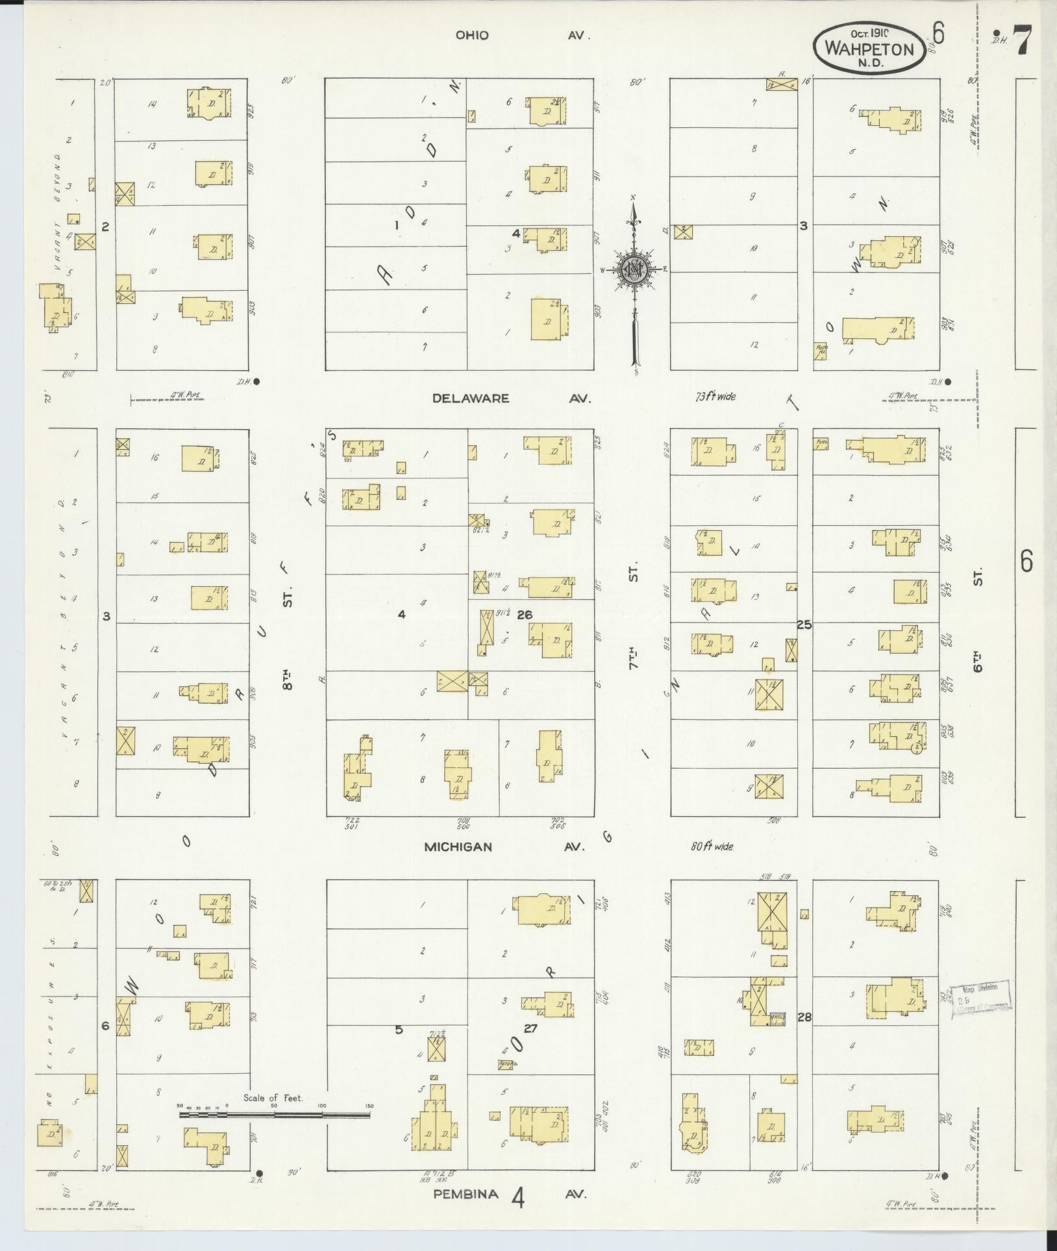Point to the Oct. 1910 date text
(870, 32)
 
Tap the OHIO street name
(472, 36)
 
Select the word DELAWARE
(471, 399)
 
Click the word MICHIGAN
(458, 847)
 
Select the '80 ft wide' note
(712, 847)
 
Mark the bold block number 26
(525, 615)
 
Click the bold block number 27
(530, 1046)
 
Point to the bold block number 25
(804, 625)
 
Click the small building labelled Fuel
(821, 445)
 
